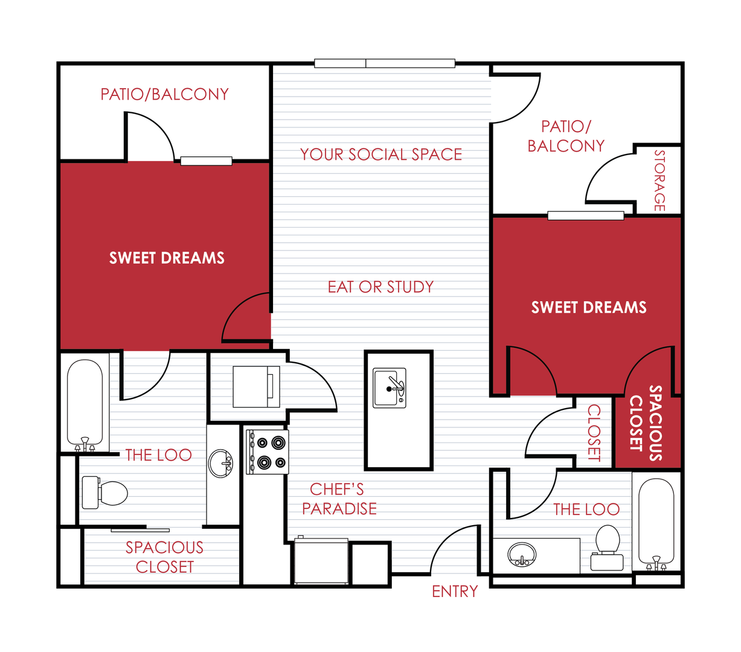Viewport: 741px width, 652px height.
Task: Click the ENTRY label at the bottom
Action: click(455, 592)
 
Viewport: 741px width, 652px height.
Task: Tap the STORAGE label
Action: click(659, 181)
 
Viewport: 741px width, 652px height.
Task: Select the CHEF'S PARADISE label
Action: click(339, 499)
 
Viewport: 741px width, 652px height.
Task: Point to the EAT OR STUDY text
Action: click(380, 287)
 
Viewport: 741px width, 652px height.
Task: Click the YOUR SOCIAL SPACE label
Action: click(381, 155)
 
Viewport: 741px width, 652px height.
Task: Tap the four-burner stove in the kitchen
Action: click(267, 452)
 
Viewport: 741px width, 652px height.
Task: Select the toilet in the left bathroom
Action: click(105, 493)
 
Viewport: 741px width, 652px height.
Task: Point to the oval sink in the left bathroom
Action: click(220, 464)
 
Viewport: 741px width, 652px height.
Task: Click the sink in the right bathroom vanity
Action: click(522, 554)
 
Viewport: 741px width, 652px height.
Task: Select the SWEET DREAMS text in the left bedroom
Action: click(167, 258)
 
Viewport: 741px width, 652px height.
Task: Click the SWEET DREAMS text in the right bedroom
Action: click(589, 307)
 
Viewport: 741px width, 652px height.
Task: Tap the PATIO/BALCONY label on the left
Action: click(165, 94)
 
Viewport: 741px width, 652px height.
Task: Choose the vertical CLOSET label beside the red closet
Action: click(594, 433)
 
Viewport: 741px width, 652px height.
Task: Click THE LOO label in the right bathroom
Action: click(586, 510)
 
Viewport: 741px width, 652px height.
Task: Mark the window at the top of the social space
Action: click(385, 63)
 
